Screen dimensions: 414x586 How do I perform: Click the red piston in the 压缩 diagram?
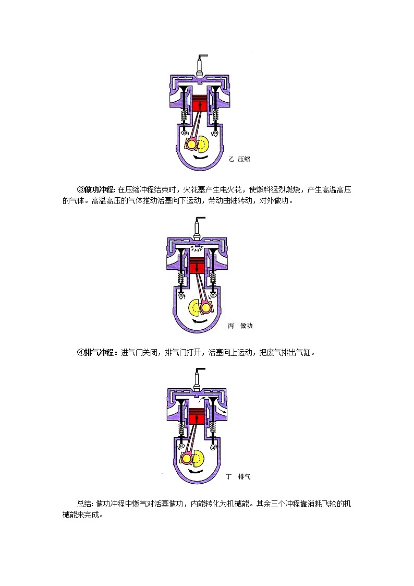tap(200, 103)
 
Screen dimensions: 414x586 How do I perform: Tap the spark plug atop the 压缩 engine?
tap(201, 66)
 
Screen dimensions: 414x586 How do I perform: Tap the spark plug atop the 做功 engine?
tap(198, 228)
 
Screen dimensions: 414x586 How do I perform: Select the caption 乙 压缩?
tap(239, 159)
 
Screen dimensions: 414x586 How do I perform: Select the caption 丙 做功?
tap(240, 326)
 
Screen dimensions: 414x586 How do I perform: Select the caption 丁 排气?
tap(238, 476)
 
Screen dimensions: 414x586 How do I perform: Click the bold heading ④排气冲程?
tap(98, 352)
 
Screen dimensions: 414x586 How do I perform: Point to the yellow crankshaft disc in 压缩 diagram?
tap(203, 144)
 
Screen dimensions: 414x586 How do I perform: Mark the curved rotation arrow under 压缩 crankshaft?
tap(200, 158)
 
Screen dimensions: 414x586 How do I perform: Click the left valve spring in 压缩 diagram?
tap(184, 114)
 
